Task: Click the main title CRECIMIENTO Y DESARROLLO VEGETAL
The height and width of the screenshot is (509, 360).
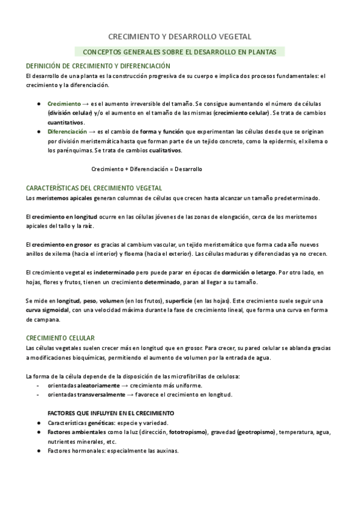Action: point(179,37)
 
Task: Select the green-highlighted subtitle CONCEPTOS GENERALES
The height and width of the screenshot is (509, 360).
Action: point(179,52)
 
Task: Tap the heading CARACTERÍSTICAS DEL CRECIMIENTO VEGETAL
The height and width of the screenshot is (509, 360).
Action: point(94,188)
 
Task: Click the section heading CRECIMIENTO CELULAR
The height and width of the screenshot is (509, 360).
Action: point(60,338)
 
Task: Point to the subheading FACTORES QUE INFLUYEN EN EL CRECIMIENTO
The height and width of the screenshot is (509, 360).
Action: point(110,413)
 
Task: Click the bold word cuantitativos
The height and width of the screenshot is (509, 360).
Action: point(66,122)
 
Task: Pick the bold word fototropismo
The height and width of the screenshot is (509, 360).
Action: point(188,432)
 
